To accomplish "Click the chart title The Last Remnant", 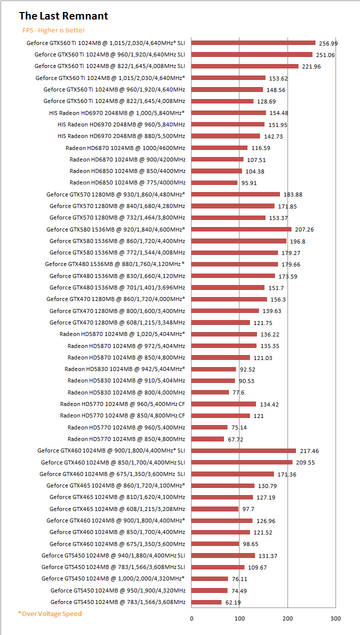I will pos(63,16).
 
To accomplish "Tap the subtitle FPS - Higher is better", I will pos(53,30).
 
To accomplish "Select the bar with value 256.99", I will pos(253,43).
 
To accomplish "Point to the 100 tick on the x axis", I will pos(239,618).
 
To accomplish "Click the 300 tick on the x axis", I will pos(335,618).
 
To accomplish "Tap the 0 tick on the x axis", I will pos(191,618).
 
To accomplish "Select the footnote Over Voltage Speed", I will pos(50,613).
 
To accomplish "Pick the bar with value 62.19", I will pos(206,602).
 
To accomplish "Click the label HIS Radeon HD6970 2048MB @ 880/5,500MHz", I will pos(121,136).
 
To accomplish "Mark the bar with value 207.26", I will pos(241,229).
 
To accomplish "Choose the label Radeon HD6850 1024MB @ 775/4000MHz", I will pos(127,182).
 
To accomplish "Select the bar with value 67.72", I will pos(207,439).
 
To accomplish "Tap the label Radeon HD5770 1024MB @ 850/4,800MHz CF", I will pos(122,415).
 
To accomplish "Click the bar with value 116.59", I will pos(219,147).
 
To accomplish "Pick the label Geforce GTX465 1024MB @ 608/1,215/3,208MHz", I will pos(117,508).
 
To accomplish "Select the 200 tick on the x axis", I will pos(287,618).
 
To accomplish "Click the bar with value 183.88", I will pos(235,194).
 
